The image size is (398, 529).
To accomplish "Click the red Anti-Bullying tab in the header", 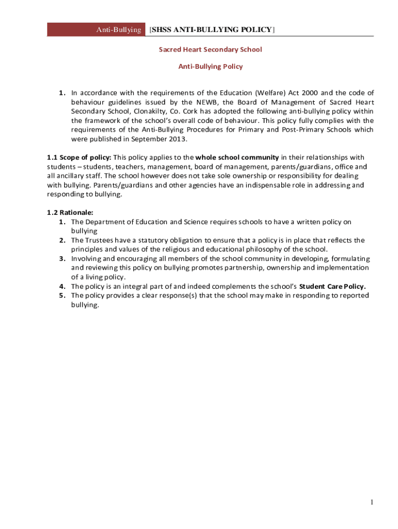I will click(118, 30).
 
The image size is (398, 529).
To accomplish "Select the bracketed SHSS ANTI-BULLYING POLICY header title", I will click(212, 30).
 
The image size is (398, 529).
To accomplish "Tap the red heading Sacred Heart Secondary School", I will click(210, 50).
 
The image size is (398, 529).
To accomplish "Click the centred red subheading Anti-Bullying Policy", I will click(210, 67).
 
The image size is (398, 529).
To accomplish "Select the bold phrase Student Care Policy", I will click(332, 287).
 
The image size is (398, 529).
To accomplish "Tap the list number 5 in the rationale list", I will click(62, 296).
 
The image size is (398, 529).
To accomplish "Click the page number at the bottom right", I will click(371, 503).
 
